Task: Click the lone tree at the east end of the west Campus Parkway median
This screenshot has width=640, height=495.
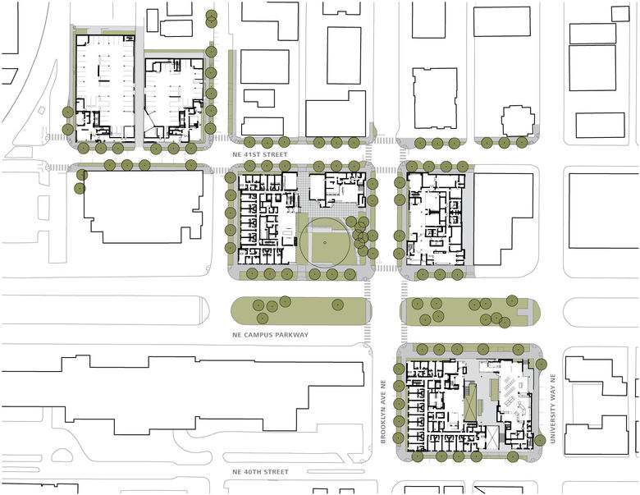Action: (336, 305)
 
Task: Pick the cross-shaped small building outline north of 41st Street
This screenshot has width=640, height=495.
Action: (518, 121)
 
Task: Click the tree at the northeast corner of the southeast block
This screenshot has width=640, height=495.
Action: (541, 363)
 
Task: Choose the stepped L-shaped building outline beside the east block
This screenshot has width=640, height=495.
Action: (505, 218)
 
